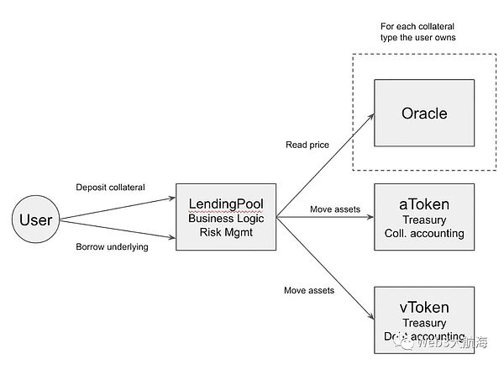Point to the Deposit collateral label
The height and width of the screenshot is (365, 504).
coord(110,187)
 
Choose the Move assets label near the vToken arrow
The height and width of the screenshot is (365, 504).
coord(310,290)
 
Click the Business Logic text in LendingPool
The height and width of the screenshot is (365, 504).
coord(226,218)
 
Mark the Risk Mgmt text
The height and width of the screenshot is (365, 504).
coord(226,232)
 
